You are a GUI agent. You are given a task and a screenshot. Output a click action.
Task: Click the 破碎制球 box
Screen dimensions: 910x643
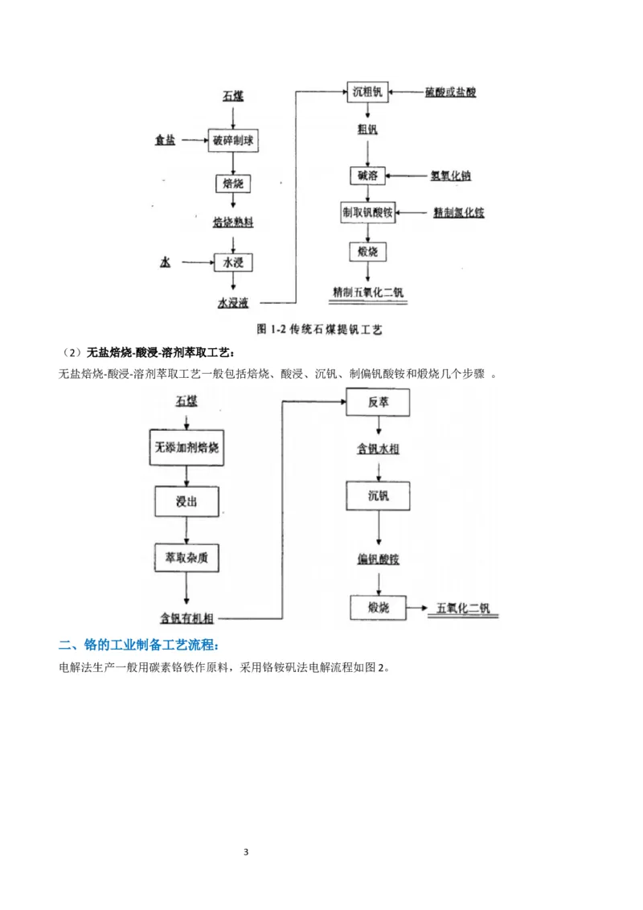pyautogui.click(x=233, y=141)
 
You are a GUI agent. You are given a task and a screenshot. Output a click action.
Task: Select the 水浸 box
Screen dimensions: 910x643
pyautogui.click(x=232, y=262)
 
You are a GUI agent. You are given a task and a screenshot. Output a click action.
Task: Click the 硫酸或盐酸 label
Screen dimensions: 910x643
pyautogui.click(x=451, y=92)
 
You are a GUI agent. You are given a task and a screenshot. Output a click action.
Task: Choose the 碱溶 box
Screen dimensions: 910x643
pyautogui.click(x=367, y=174)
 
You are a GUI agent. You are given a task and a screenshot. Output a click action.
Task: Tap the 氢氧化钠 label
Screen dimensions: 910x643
pyautogui.click(x=456, y=174)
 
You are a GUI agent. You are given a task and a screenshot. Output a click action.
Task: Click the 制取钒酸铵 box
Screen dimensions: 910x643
pyautogui.click(x=367, y=212)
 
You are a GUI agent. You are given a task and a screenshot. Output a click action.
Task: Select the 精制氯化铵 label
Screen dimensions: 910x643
pyautogui.click(x=459, y=213)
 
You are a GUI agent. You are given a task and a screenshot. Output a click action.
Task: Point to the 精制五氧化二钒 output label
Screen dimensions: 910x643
pyautogui.click(x=368, y=291)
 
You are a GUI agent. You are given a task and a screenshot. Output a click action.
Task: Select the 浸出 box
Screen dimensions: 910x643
pyautogui.click(x=186, y=501)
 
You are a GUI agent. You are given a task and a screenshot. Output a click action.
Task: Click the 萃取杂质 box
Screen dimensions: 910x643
pyautogui.click(x=186, y=557)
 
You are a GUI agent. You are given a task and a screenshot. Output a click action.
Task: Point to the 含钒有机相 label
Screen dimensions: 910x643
pyautogui.click(x=186, y=617)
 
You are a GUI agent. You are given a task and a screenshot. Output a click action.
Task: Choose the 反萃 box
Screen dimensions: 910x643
pyautogui.click(x=379, y=402)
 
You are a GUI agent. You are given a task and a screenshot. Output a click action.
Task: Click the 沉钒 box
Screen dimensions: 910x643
pyautogui.click(x=379, y=495)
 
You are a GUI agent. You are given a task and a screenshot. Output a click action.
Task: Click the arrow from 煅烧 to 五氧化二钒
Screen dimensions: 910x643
pyautogui.click(x=416, y=608)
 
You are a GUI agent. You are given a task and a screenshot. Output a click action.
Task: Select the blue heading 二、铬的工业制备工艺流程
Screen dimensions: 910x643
pyautogui.click(x=138, y=646)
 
